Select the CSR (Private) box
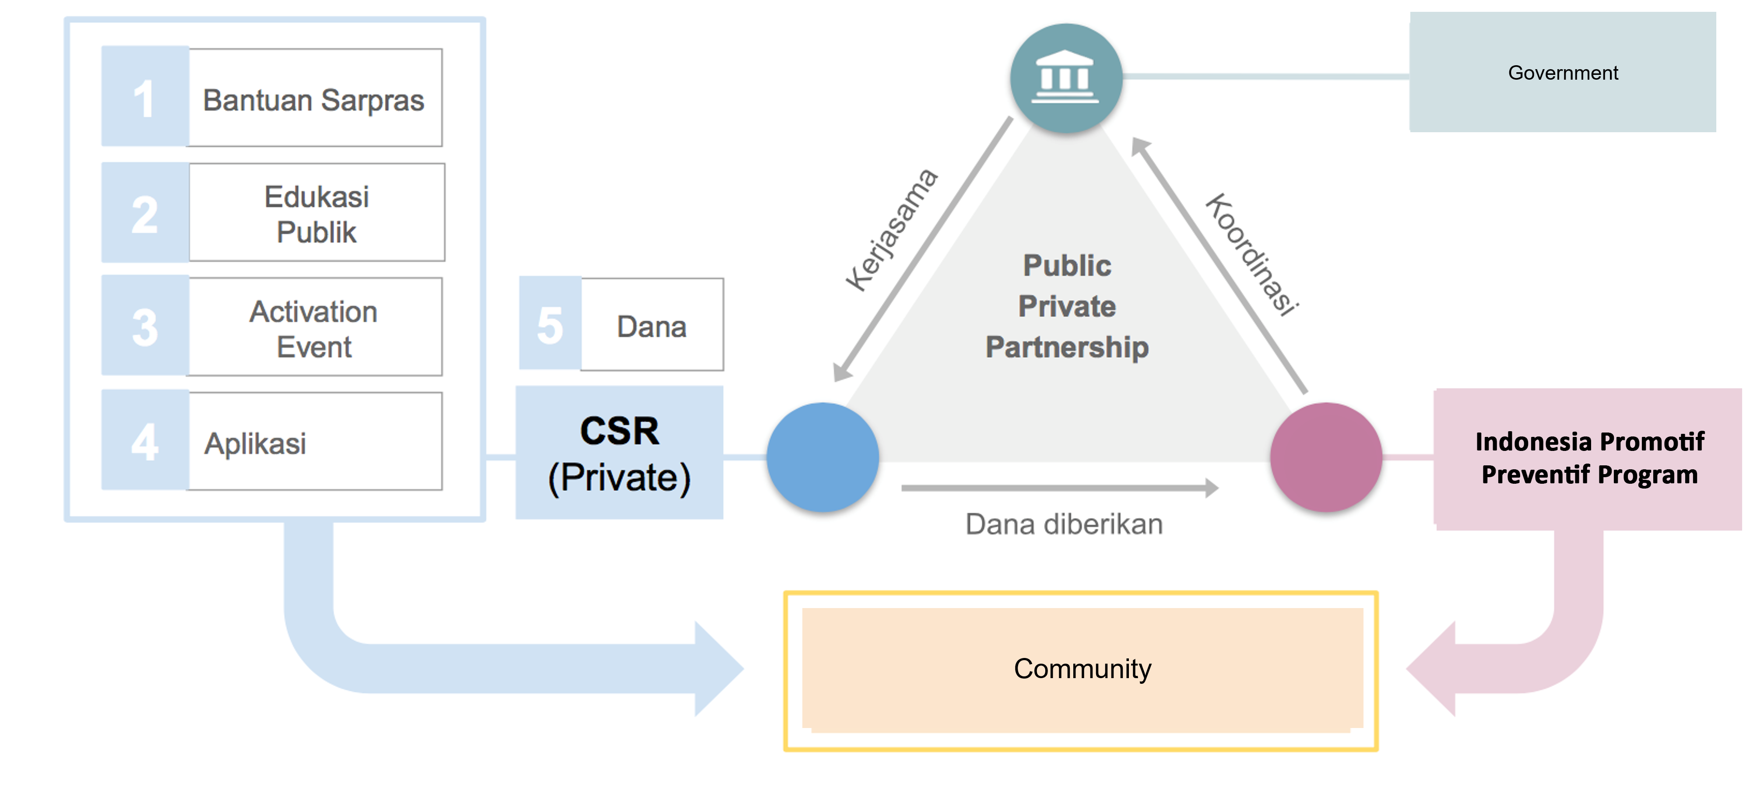point(619,453)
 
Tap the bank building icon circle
point(1066,78)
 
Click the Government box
point(1562,72)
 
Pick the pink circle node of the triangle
point(1325,457)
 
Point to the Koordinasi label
point(1252,254)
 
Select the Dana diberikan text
point(1064,524)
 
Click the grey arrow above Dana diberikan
point(1059,487)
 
